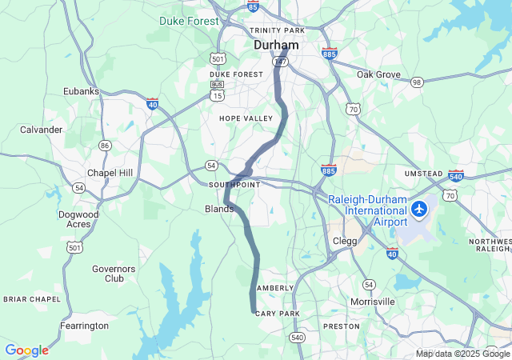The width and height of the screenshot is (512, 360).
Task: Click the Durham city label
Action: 276,46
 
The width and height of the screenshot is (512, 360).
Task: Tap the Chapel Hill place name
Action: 110,174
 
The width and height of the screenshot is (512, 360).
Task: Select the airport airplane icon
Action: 419,209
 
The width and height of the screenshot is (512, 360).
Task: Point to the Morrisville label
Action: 373,302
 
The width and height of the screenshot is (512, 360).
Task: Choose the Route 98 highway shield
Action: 417,82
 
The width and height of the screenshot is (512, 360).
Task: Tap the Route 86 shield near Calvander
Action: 105,145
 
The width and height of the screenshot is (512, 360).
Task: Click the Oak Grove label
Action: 378,74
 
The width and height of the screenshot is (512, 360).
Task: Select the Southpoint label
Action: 234,185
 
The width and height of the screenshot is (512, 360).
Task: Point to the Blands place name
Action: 219,209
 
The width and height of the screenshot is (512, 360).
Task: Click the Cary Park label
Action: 277,314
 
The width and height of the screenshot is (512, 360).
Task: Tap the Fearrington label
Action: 85,326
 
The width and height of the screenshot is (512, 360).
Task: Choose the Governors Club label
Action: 114,274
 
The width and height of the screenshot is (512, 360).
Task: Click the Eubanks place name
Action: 82,91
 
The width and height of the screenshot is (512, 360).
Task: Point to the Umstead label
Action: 423,174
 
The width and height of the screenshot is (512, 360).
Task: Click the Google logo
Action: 26,350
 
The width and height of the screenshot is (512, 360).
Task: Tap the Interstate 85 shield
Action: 253,7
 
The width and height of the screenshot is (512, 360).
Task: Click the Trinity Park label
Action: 278,30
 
